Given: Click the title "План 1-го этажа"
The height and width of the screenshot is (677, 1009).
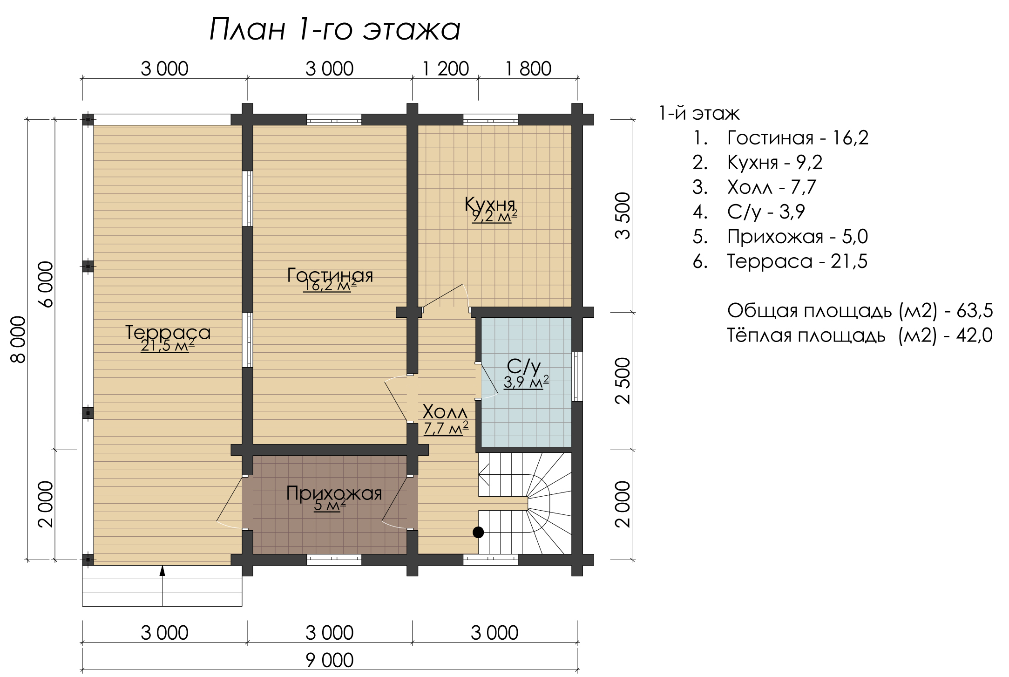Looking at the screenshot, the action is (x=335, y=29).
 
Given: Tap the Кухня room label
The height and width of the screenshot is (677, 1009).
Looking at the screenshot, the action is (x=490, y=204).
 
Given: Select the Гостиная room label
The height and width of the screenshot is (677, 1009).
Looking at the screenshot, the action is (x=330, y=275).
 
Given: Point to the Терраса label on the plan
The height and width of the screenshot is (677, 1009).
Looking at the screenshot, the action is (x=168, y=332).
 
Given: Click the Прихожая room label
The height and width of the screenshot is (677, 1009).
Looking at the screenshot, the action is (x=334, y=493).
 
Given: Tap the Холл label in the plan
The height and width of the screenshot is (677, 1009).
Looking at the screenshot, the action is (x=445, y=412).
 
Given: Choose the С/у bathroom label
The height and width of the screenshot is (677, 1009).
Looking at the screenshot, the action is (x=524, y=367).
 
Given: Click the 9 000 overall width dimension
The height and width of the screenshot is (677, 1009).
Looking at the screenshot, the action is (x=330, y=660).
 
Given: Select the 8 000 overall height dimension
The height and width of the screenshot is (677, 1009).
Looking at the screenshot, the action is (x=18, y=339).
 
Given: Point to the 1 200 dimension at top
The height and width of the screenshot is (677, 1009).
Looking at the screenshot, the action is (x=446, y=69).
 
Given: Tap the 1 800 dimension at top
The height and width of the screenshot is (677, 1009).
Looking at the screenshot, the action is (x=528, y=69).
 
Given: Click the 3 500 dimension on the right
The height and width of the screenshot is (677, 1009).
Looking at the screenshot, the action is (x=623, y=216).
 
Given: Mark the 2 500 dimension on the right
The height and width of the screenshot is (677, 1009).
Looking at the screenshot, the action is (x=623, y=381).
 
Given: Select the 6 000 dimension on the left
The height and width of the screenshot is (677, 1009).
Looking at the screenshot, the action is (x=46, y=284).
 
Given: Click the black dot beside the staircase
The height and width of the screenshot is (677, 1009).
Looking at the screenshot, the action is (x=478, y=532).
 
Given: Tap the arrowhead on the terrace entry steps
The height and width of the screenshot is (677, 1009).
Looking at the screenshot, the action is (x=163, y=571).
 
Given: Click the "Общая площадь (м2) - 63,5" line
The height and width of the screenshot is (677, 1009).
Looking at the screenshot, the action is (x=860, y=311).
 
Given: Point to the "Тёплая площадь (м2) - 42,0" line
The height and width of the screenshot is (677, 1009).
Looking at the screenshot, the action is (x=860, y=335).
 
